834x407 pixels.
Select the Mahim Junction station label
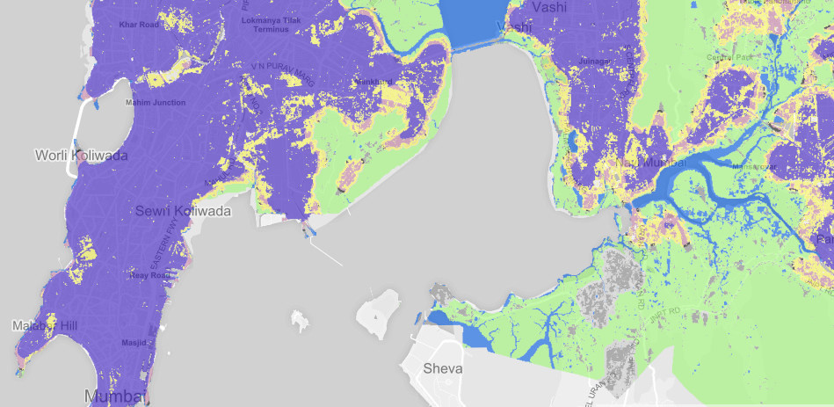(x=156, y=103)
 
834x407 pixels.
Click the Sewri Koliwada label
(x=183, y=212)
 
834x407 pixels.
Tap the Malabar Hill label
(x=45, y=326)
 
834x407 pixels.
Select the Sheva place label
(x=442, y=367)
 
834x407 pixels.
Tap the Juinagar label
(x=594, y=61)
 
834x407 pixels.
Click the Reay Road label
(x=149, y=275)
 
